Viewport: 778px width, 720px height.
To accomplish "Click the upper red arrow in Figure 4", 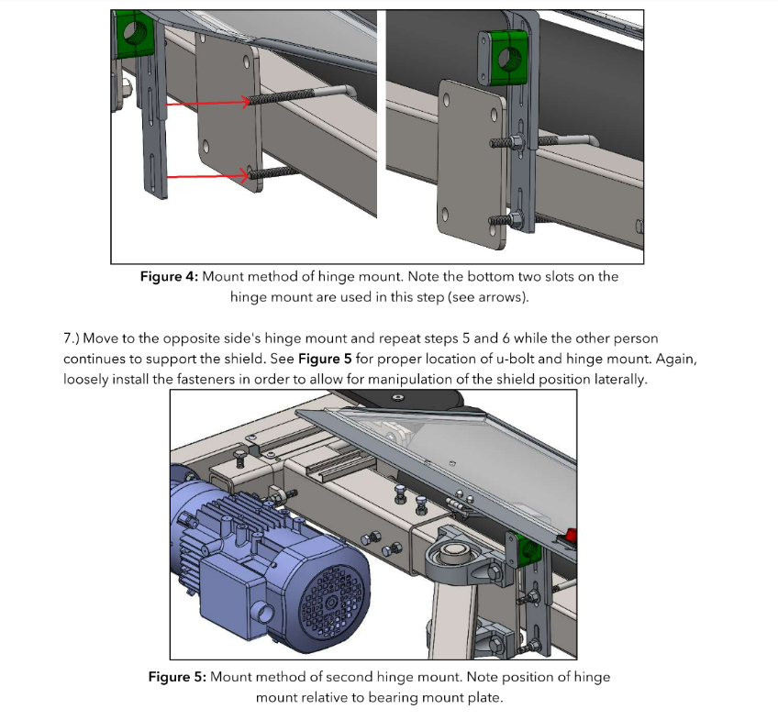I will pos(206,104).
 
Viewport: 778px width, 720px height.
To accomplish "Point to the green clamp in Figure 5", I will pos(529,549).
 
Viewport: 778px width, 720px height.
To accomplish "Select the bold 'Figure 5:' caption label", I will pos(177,677).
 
